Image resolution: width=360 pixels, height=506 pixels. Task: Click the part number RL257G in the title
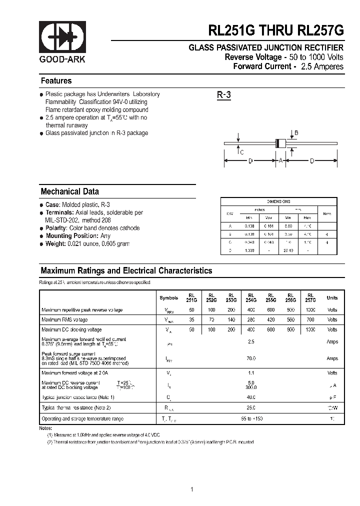pyautogui.click(x=320, y=30)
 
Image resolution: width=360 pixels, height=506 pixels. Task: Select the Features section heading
pyautogui.click(x=56, y=81)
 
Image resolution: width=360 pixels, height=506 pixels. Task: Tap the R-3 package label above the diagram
pyautogui.click(x=223, y=95)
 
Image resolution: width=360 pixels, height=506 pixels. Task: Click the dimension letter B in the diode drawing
pyautogui.click(x=296, y=132)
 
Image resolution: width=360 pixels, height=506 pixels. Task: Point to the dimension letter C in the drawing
pyautogui.click(x=242, y=152)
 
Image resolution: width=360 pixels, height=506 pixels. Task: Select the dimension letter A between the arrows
pyautogui.click(x=280, y=160)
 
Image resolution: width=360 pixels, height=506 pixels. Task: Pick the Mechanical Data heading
pyautogui.click(x=69, y=191)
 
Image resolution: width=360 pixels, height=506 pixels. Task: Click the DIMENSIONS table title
pyautogui.click(x=278, y=201)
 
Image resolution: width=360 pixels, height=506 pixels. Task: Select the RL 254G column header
pyautogui.click(x=251, y=297)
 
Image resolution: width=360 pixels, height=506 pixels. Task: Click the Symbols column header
pyautogui.click(x=168, y=298)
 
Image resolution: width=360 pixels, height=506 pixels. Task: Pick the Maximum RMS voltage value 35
pyautogui.click(x=191, y=319)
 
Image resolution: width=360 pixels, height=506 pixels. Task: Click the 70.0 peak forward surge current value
pyautogui.click(x=251, y=358)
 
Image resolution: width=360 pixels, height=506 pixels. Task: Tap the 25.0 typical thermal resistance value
pyautogui.click(x=251, y=408)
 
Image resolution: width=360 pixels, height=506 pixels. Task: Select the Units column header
pyautogui.click(x=332, y=298)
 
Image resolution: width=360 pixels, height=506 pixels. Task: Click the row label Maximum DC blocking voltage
pyautogui.click(x=71, y=329)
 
